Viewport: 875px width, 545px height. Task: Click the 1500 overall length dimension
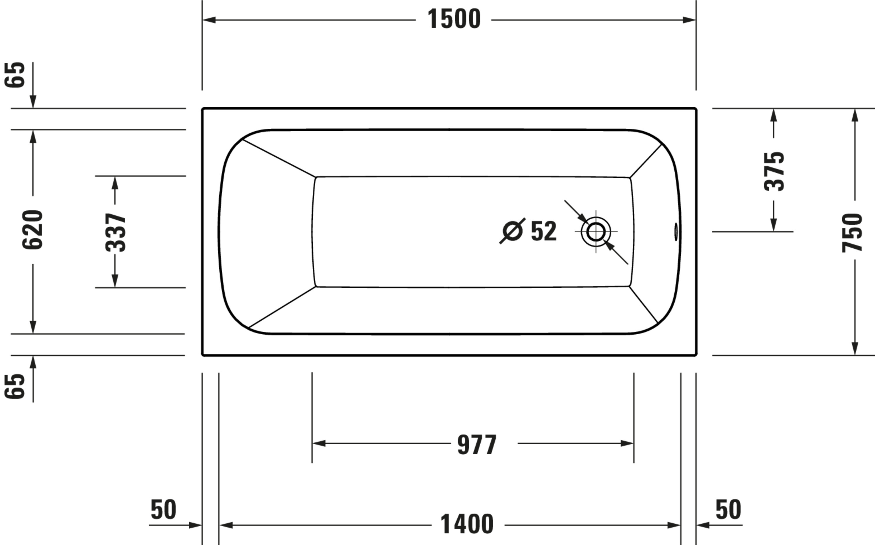point(454,19)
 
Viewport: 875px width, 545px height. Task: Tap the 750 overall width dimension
point(852,233)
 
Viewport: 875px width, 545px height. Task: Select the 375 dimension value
point(774,171)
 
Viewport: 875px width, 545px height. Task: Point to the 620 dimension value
point(32,229)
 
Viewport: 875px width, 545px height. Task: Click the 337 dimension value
point(116,232)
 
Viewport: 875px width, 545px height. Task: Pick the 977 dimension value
point(477,445)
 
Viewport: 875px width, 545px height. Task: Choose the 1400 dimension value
point(467,524)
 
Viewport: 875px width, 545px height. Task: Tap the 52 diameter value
point(544,231)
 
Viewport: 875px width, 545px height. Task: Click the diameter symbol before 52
point(512,231)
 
